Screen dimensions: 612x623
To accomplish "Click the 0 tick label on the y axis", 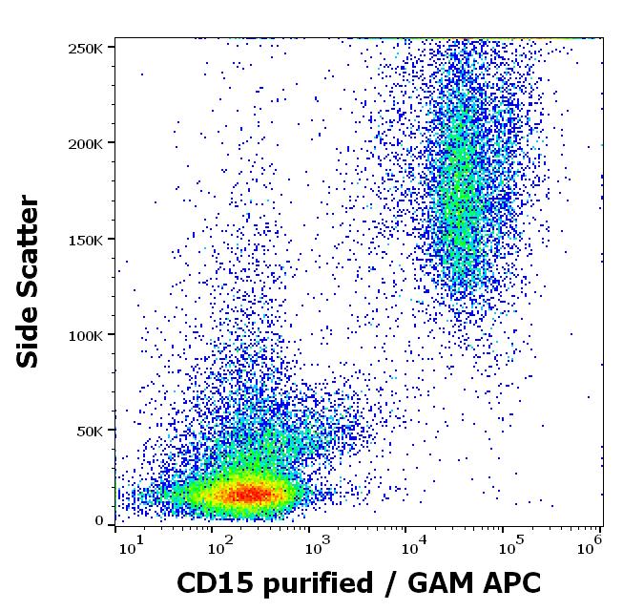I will point(99,520).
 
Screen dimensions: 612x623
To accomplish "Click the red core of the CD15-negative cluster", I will point(246,494).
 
